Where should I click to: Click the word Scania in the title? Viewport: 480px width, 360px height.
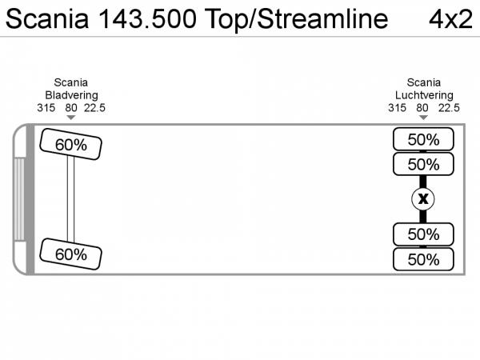pyautogui.click(x=47, y=19)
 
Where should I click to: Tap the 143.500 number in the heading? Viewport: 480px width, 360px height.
pyautogui.click(x=147, y=19)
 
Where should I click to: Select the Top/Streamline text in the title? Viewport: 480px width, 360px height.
pyautogui.click(x=296, y=20)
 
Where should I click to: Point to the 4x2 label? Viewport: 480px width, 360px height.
pyautogui.click(x=450, y=19)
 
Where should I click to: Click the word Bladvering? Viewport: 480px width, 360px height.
pyautogui.click(x=72, y=95)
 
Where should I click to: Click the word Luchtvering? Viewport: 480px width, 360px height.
pyautogui.click(x=424, y=95)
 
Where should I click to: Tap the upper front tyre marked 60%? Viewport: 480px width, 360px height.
pyautogui.click(x=70, y=144)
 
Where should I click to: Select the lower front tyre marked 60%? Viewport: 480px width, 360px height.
pyautogui.click(x=70, y=254)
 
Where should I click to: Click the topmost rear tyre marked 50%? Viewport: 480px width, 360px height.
pyautogui.click(x=423, y=139)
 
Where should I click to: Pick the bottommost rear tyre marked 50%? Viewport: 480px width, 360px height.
pyautogui.click(x=423, y=259)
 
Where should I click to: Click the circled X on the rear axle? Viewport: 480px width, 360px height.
pyautogui.click(x=422, y=199)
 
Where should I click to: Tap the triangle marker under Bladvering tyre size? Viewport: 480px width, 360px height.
pyautogui.click(x=71, y=118)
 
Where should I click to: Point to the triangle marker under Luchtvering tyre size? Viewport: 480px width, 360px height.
pyautogui.click(x=423, y=118)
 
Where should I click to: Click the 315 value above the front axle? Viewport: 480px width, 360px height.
pyautogui.click(x=46, y=108)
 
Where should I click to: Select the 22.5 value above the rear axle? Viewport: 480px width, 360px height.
pyautogui.click(x=449, y=108)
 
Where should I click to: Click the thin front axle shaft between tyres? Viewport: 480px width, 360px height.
pyautogui.click(x=70, y=198)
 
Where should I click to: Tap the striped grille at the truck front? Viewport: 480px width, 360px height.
pyautogui.click(x=19, y=199)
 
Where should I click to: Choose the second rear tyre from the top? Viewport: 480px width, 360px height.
pyautogui.click(x=423, y=164)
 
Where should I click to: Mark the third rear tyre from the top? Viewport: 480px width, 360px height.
pyautogui.click(x=423, y=234)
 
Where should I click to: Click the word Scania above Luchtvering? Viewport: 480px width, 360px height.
pyautogui.click(x=424, y=82)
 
